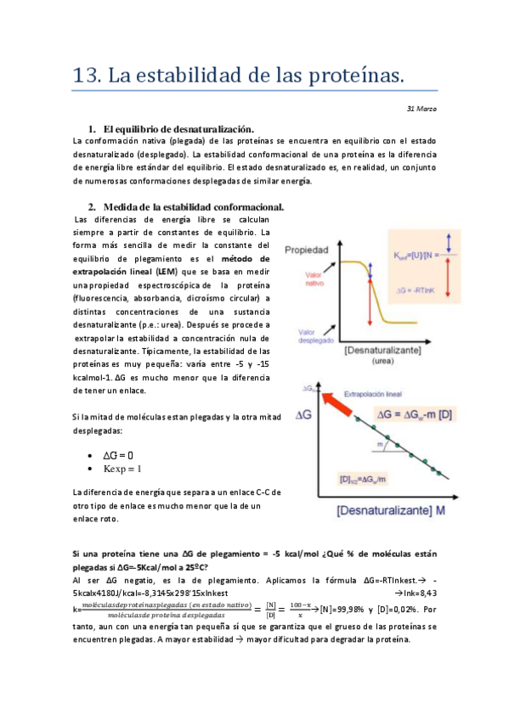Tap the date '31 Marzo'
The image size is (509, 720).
[x=421, y=110]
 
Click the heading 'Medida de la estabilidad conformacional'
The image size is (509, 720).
[x=193, y=207]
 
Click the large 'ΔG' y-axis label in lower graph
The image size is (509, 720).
[x=306, y=416]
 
